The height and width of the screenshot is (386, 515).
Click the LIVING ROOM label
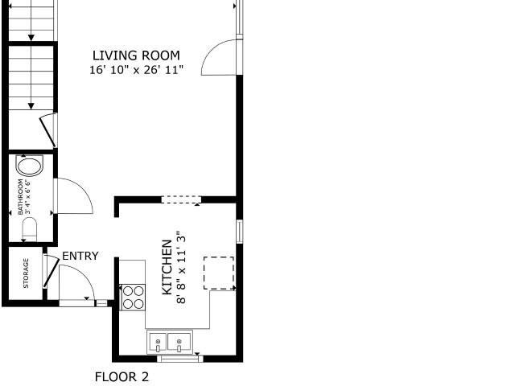click(136, 55)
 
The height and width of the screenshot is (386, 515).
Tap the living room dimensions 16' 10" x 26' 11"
click(136, 70)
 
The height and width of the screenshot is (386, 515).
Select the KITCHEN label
click(167, 267)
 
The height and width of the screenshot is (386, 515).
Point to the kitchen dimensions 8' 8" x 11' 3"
click(181, 267)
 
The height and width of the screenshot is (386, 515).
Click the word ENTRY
click(80, 256)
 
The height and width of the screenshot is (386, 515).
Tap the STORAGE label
click(26, 273)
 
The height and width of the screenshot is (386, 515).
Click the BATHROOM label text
click(20, 197)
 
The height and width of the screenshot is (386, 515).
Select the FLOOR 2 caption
click(122, 377)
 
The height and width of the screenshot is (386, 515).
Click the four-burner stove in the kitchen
click(133, 298)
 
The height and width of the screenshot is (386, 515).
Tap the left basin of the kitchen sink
click(158, 342)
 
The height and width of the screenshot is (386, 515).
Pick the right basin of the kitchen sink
click(179, 342)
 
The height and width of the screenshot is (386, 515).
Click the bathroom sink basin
click(30, 166)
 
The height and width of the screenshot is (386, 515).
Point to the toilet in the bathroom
click(29, 229)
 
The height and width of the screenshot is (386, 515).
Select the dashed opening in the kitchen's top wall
click(181, 199)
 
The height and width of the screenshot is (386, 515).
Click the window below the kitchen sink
click(180, 359)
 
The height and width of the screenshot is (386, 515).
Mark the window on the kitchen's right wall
click(240, 232)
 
